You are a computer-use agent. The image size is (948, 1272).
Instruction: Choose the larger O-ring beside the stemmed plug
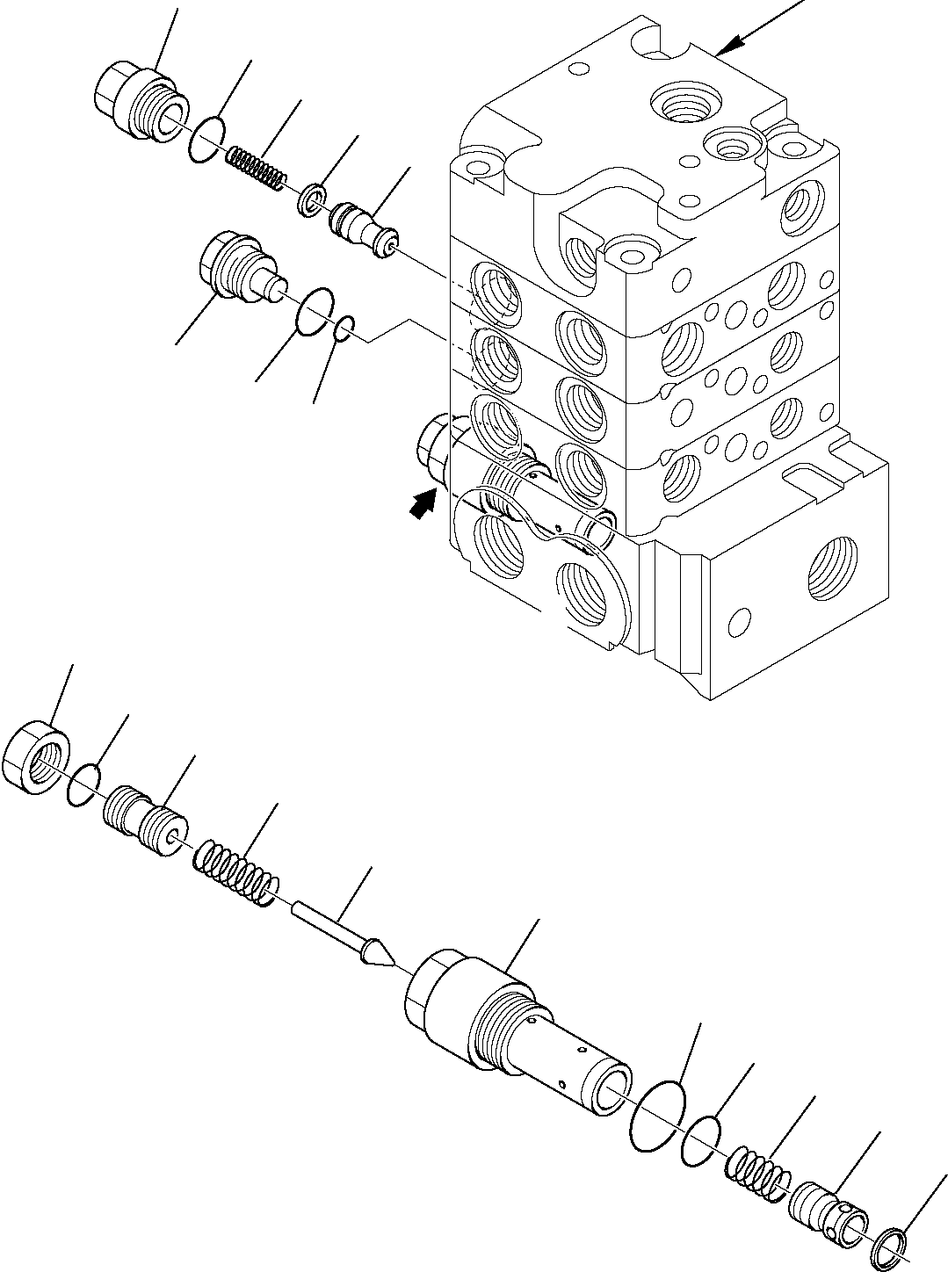click(315, 311)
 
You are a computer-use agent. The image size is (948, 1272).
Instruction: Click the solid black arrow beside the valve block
click(423, 503)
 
